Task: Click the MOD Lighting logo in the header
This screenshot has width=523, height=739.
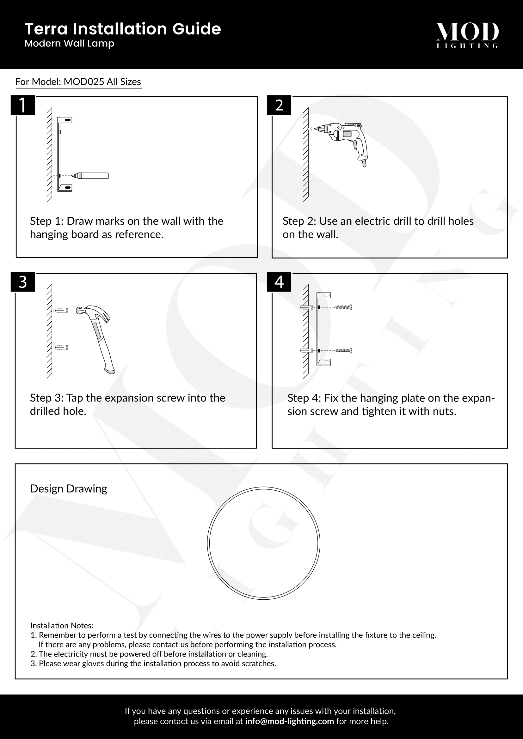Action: click(467, 35)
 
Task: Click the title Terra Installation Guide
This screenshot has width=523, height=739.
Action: click(123, 29)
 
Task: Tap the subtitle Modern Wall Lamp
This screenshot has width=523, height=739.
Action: click(69, 44)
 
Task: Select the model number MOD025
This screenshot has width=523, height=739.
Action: click(84, 82)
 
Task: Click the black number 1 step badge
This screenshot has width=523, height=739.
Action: click(22, 105)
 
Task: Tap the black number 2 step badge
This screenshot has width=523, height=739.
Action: click(279, 105)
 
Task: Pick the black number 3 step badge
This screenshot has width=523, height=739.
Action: click(22, 282)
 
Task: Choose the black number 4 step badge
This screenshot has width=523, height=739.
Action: click(279, 282)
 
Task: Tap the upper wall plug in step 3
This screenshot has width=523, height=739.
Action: click(61, 311)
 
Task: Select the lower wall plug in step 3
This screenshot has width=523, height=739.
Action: click(61, 347)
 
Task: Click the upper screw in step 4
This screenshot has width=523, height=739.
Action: click(343, 307)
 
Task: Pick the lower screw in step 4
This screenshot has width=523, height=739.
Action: click(343, 350)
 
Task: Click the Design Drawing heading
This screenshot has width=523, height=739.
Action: click(68, 488)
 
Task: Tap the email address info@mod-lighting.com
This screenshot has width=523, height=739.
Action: click(289, 721)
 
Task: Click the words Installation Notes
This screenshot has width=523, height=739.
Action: click(62, 625)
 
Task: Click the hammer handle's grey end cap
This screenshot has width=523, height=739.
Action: click(110, 371)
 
